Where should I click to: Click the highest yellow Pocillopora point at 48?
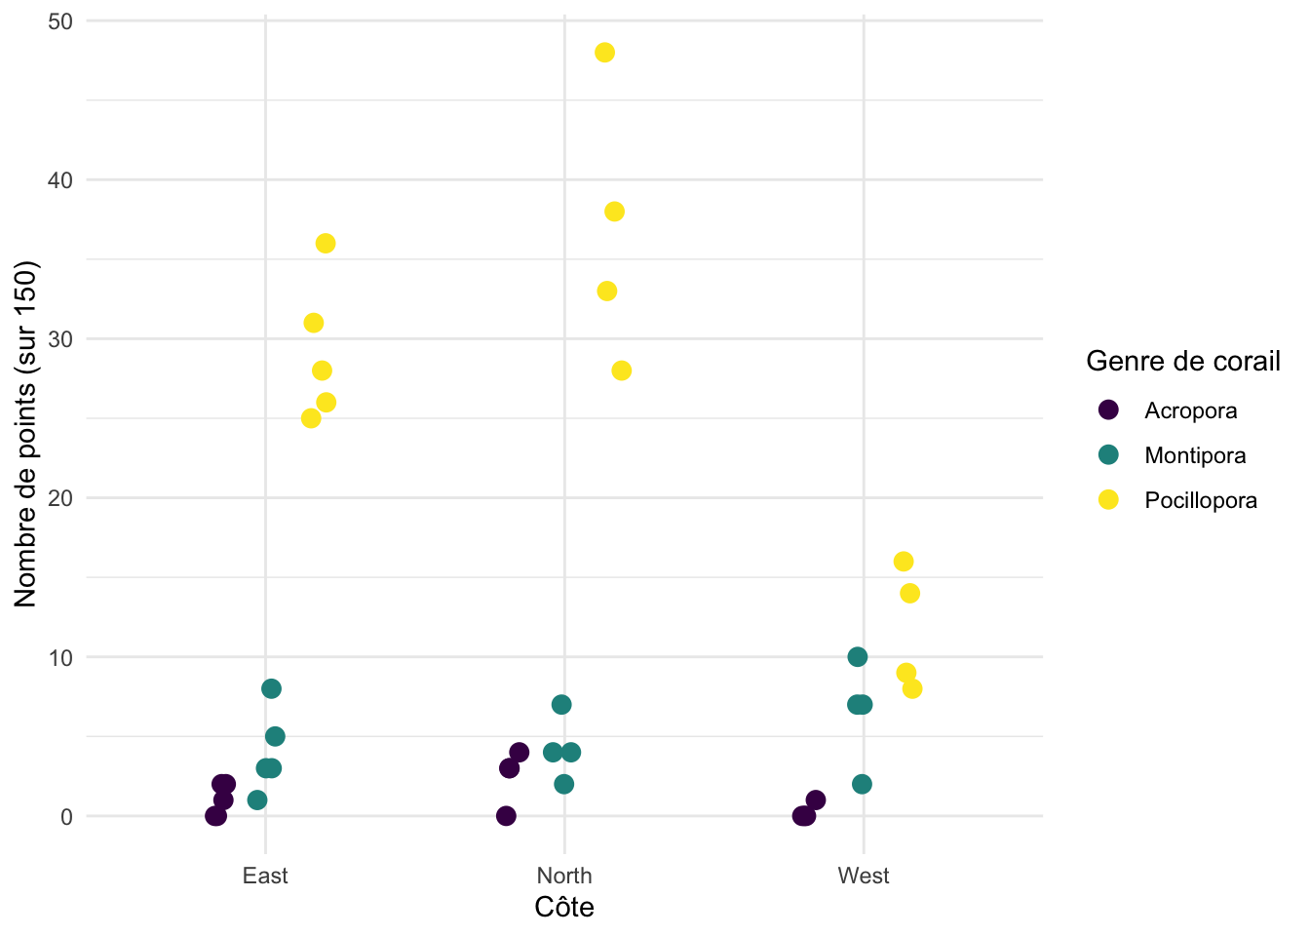(x=604, y=53)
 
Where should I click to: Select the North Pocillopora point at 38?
(x=614, y=212)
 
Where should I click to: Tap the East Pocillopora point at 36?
(x=326, y=243)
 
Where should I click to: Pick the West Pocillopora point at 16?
(x=904, y=562)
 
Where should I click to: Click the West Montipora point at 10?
(x=858, y=657)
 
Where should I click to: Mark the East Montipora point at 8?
(x=271, y=688)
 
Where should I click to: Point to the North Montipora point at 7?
(x=561, y=704)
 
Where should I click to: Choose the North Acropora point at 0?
(x=506, y=815)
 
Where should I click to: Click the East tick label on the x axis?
(x=265, y=876)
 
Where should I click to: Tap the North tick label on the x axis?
(x=564, y=876)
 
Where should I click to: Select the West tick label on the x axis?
(x=864, y=876)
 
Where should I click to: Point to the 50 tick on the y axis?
(x=60, y=21)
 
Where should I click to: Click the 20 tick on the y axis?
(x=60, y=498)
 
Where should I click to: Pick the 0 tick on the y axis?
(x=66, y=817)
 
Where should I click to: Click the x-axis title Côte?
(x=564, y=908)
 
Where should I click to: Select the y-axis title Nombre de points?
(x=25, y=433)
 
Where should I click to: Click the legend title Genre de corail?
(x=1183, y=362)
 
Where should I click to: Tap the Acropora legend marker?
(x=1108, y=409)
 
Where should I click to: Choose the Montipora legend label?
(x=1195, y=455)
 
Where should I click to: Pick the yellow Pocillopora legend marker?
(x=1108, y=499)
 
